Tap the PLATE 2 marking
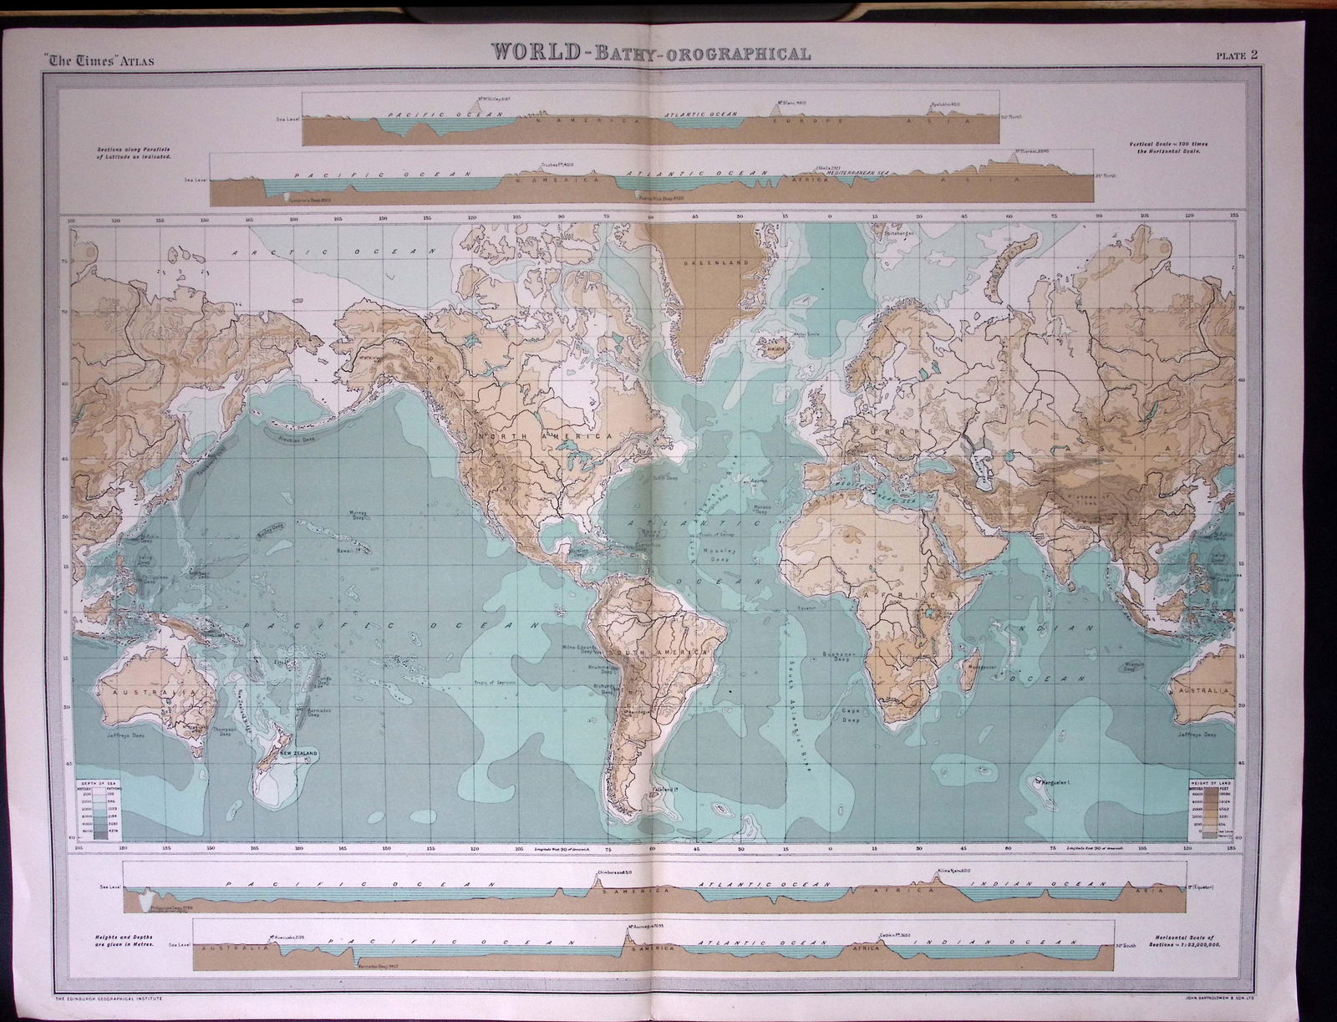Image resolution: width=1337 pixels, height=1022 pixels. [x=1238, y=57]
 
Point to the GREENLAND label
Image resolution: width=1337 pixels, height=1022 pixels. [x=702, y=263]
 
